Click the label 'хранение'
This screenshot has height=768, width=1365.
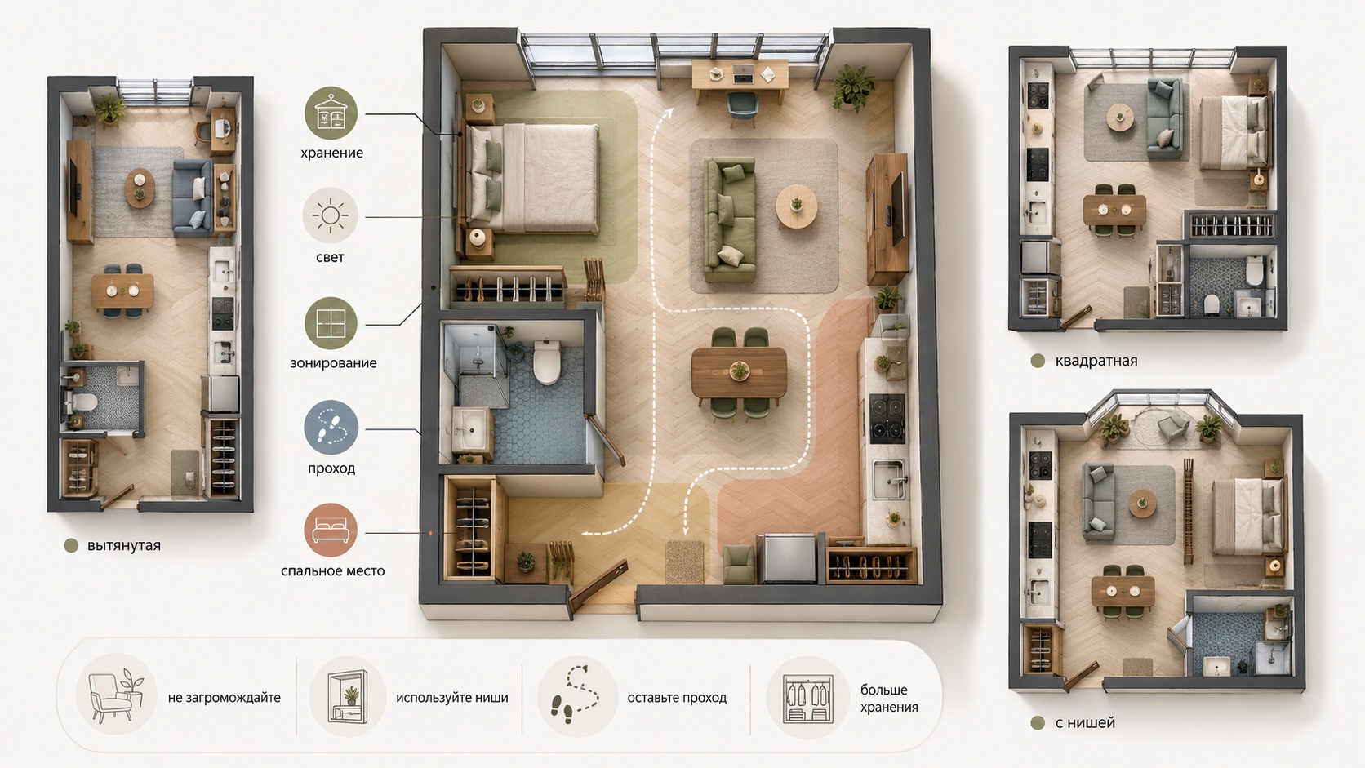point(331,153)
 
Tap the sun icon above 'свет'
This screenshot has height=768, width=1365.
point(331,215)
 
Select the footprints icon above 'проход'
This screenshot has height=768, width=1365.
point(331,427)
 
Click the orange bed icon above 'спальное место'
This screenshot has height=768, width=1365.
point(331,530)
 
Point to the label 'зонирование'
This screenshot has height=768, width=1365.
point(333,364)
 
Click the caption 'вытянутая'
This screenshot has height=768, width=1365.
point(124,546)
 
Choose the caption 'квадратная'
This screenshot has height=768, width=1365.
point(1096,361)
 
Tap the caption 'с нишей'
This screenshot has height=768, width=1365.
point(1085,723)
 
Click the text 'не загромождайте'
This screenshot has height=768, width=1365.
point(225,698)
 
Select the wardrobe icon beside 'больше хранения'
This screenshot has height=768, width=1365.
point(807,698)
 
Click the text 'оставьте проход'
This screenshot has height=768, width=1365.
point(677,698)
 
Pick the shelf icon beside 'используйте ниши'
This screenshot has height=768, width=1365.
point(347,697)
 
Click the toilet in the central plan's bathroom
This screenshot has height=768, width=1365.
point(547,362)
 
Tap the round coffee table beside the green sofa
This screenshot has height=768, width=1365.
point(797,206)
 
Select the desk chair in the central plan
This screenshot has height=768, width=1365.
point(742,107)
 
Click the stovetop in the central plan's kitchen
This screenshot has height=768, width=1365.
point(887,419)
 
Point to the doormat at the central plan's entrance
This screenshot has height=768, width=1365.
point(684,562)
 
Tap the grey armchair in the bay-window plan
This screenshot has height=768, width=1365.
point(1173,424)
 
